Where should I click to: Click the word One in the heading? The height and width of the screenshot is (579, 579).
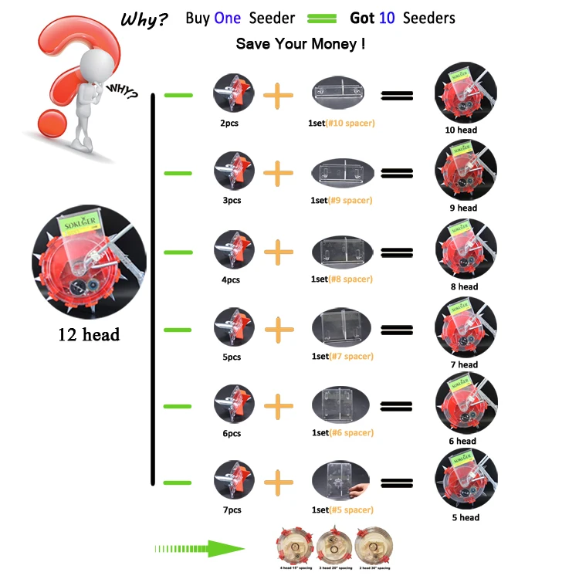click(x=228, y=18)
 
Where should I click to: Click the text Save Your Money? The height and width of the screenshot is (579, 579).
click(x=300, y=44)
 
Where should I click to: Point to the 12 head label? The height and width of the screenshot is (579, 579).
click(x=88, y=335)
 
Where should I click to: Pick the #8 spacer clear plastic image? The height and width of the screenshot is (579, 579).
click(x=343, y=252)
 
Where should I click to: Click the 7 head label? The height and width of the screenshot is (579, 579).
click(x=465, y=364)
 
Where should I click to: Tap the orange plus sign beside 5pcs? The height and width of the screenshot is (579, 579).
click(x=279, y=330)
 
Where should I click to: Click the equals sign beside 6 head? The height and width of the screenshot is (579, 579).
click(x=396, y=406)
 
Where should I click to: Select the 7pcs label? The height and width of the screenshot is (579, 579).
click(x=232, y=510)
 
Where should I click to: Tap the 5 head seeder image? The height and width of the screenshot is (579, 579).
click(x=466, y=479)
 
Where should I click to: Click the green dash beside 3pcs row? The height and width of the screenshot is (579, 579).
click(x=178, y=173)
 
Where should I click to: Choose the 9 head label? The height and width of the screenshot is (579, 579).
click(x=465, y=208)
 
